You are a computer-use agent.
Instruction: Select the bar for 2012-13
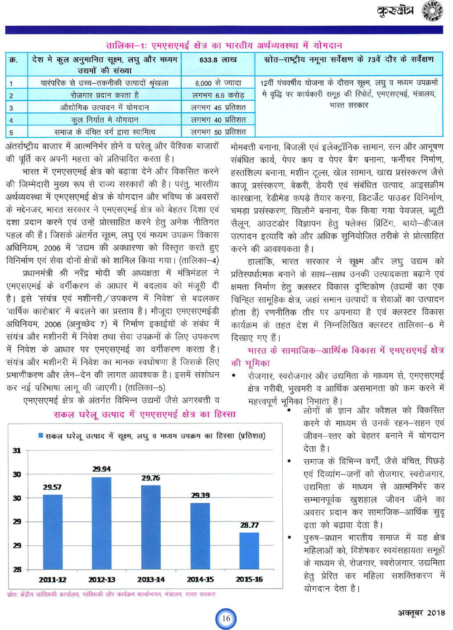(x=101, y=523)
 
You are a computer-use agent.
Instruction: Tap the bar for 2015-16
(x=249, y=551)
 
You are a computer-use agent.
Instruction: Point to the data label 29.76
(x=150, y=478)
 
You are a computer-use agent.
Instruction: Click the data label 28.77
(x=249, y=525)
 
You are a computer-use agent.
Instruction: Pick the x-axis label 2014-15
(x=200, y=579)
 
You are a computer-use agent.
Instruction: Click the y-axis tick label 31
(x=17, y=451)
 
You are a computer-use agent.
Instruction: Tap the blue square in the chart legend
(x=41, y=436)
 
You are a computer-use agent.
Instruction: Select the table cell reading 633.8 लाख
(x=218, y=60)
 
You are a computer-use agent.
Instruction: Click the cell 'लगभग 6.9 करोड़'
(x=218, y=95)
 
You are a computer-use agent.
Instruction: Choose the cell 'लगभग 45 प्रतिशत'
(x=218, y=107)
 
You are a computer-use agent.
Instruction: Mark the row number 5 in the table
(x=11, y=132)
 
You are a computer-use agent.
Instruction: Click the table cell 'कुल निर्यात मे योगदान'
(x=105, y=120)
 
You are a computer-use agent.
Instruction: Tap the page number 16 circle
(x=226, y=618)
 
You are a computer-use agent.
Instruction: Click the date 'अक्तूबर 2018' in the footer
(x=421, y=613)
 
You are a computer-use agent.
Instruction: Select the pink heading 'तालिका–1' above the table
(x=224, y=45)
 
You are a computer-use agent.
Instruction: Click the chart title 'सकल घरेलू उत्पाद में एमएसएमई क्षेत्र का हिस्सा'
(x=145, y=414)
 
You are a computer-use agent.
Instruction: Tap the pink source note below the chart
(x=111, y=594)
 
